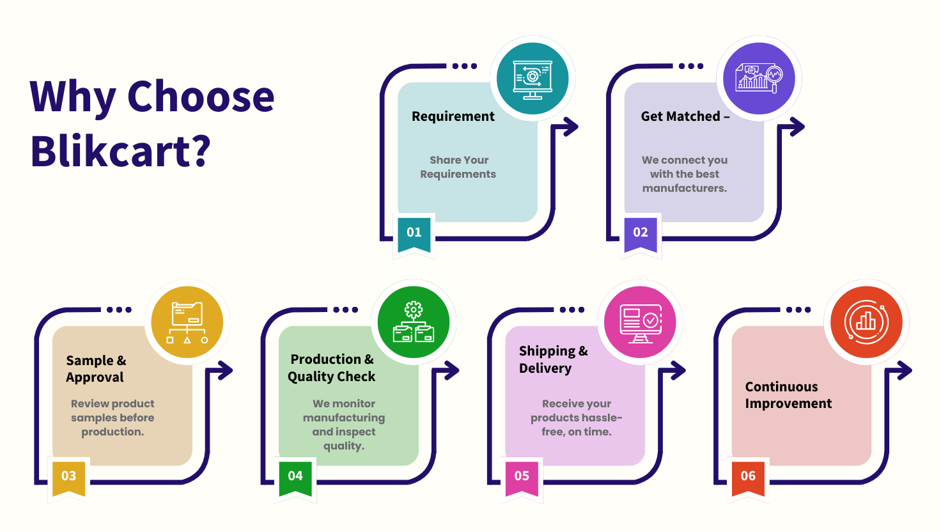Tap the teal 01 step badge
click(x=414, y=235)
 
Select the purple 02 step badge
click(x=641, y=235)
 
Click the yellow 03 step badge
click(x=69, y=478)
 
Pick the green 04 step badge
click(x=295, y=478)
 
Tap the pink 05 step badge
click(x=522, y=478)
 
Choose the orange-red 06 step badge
click(x=748, y=478)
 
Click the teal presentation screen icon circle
click(x=533, y=79)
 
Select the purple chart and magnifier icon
click(x=759, y=79)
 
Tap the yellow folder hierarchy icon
click(x=187, y=322)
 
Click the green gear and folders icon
click(x=414, y=322)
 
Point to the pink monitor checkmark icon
click(x=640, y=322)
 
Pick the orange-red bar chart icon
click(x=867, y=322)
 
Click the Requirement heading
click(x=453, y=116)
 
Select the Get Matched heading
click(x=685, y=116)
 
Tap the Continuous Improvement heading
click(x=788, y=395)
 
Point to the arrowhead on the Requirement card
click(x=570, y=127)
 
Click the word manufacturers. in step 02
click(x=685, y=188)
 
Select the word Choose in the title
click(x=201, y=97)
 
